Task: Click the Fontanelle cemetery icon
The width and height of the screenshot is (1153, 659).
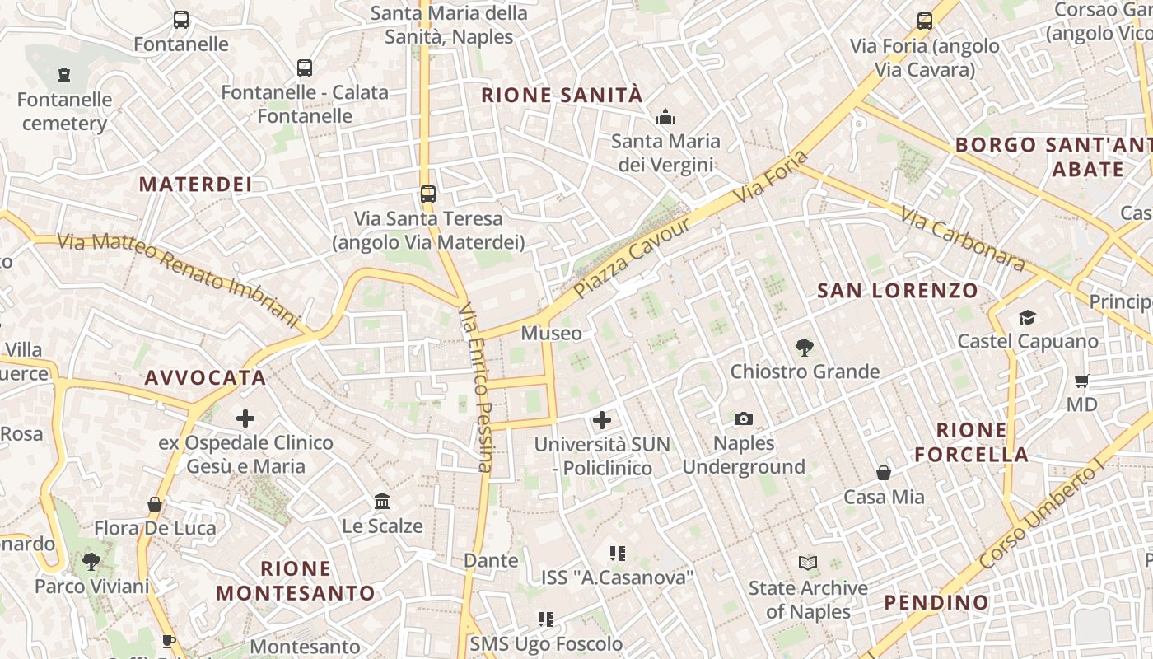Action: tap(64, 76)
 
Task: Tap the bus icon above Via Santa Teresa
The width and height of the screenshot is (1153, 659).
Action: tap(427, 194)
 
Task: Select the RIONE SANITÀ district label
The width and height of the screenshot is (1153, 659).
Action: tap(562, 96)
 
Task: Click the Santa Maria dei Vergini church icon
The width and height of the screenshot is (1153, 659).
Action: tap(665, 117)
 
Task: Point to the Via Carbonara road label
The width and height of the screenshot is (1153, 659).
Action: tap(962, 239)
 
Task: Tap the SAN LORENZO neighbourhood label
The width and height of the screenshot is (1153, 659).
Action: tap(897, 291)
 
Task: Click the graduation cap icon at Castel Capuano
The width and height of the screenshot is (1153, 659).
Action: tap(1027, 317)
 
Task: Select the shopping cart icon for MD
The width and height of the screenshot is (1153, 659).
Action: tap(1081, 381)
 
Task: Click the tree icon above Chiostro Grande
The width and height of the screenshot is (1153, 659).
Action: tap(805, 348)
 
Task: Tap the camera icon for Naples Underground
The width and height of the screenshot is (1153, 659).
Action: tap(744, 419)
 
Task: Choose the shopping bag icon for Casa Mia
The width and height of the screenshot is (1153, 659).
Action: tap(884, 473)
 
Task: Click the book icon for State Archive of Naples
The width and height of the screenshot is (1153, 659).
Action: tap(807, 563)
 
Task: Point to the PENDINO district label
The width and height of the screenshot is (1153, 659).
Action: tap(936, 603)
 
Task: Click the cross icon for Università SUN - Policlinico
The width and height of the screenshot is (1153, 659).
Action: tap(602, 420)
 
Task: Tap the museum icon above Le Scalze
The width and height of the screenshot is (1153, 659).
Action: tap(382, 502)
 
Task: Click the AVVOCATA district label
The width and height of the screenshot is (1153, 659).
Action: tap(205, 378)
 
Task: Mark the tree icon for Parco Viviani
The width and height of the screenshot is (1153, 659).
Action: tap(91, 563)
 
